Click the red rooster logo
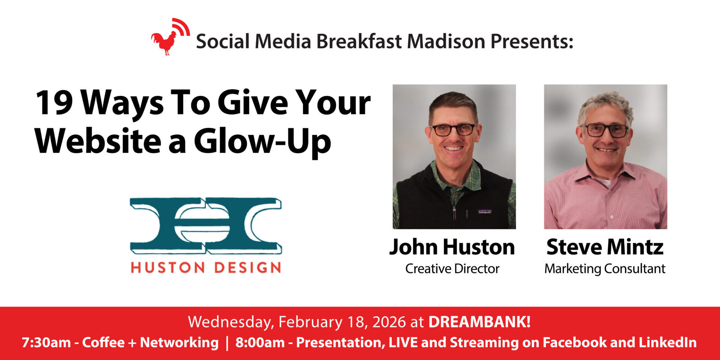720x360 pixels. point(169,37)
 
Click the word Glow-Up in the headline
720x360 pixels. point(262,142)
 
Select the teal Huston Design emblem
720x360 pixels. point(206,226)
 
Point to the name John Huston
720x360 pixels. point(452,247)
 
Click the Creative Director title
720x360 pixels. point(452,268)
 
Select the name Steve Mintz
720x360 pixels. point(605,247)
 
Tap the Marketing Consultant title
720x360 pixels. point(605,269)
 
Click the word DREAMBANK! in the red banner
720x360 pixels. point(480,322)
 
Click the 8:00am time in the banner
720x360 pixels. point(260,342)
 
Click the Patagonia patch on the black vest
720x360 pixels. point(484,212)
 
